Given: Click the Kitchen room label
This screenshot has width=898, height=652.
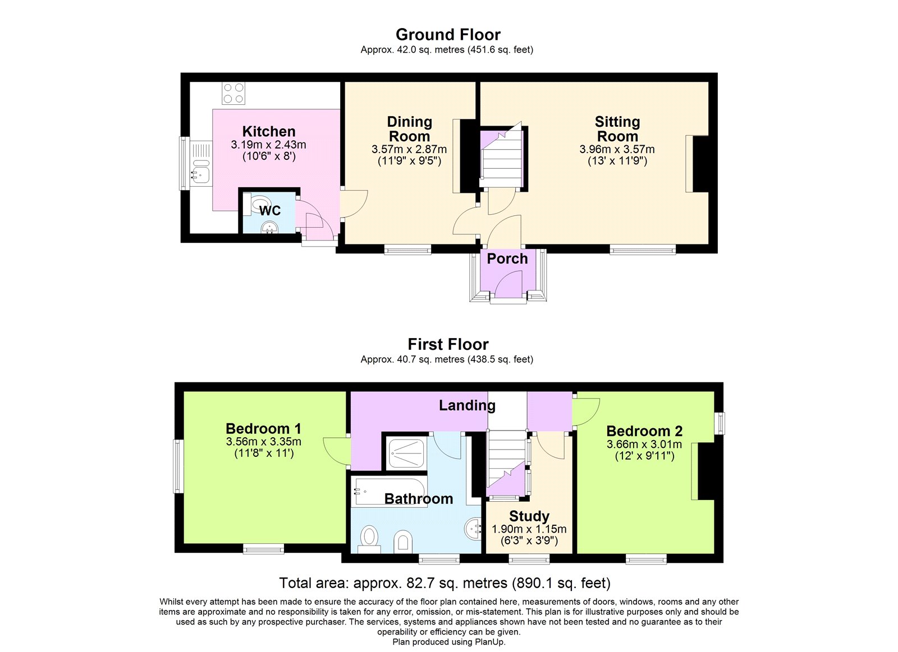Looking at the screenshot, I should click(268, 132).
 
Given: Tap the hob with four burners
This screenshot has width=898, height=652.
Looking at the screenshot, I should click(233, 94).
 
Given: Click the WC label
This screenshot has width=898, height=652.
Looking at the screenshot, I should click(270, 211).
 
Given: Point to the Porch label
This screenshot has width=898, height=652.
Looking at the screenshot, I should click(507, 259).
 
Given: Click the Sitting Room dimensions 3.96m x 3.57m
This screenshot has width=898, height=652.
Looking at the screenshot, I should click(617, 150).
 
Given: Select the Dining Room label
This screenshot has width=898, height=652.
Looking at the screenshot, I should click(409, 130).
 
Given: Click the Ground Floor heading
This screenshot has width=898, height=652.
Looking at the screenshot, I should click(448, 35).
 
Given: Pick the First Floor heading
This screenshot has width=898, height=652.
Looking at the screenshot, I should click(448, 344).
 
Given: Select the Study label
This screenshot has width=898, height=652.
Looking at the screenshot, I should click(529, 516).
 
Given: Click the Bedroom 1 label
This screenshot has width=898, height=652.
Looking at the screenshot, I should click(263, 429).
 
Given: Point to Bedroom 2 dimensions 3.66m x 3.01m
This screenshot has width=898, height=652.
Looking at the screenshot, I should click(644, 445).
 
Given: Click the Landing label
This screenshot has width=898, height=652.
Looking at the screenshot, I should click(467, 405).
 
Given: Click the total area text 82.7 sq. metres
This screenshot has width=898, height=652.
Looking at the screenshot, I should click(445, 583).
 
